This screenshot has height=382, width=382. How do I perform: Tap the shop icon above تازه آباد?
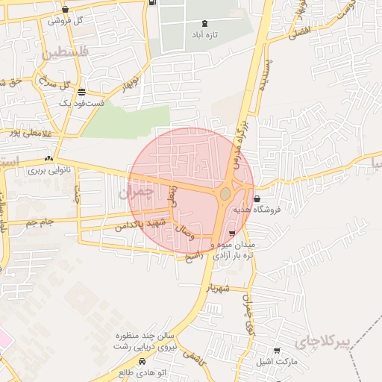[205, 23]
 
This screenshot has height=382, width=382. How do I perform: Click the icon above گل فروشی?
[66, 10]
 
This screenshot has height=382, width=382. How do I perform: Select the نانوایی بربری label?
[48, 170]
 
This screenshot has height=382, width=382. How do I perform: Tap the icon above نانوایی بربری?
[49, 158]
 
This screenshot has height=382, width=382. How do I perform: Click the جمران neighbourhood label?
[135, 193]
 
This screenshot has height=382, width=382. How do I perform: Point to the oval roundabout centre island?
[225, 194]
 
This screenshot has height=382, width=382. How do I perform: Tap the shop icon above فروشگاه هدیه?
[257, 198]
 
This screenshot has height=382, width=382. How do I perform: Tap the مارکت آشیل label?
[276, 362]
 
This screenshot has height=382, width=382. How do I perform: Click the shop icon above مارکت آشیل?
[277, 351]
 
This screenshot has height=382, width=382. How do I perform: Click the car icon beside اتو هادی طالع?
[122, 371]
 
